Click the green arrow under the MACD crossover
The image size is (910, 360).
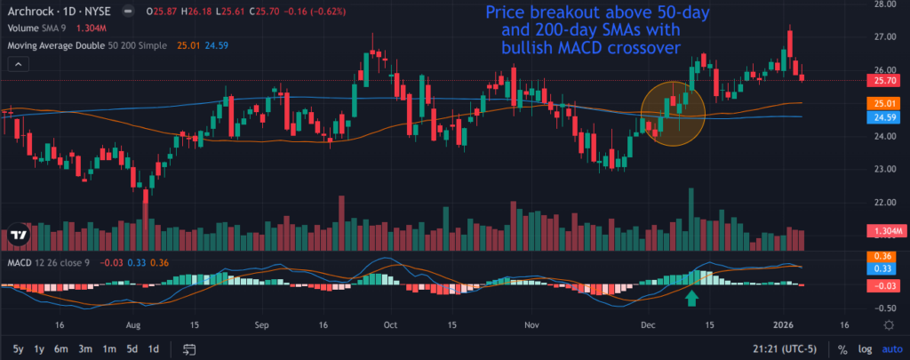coord(692,300)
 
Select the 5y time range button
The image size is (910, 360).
coord(19,348)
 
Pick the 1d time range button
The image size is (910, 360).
coord(154,348)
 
